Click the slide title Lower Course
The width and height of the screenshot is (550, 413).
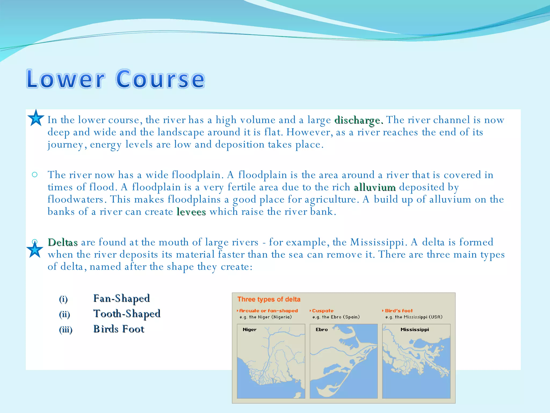tap(116, 79)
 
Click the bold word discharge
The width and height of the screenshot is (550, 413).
tap(359, 120)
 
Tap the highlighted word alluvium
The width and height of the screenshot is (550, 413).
tap(375, 187)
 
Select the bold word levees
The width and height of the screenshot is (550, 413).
tap(191, 212)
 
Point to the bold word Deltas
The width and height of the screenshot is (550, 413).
tap(63, 242)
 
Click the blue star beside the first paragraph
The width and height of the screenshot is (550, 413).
tap(36, 118)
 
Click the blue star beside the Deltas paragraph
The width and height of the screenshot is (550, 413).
tap(35, 250)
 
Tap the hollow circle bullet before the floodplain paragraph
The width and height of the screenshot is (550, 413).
tap(35, 175)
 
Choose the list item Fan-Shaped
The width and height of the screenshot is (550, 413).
tap(121, 298)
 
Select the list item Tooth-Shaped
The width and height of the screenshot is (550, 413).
tap(127, 314)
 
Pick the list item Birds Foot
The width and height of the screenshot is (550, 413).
tap(119, 329)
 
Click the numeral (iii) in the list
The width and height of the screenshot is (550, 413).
tap(66, 329)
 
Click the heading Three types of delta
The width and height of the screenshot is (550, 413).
tap(269, 299)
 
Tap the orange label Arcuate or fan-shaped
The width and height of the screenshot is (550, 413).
tap(269, 311)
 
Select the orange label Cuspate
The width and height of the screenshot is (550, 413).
tap(323, 311)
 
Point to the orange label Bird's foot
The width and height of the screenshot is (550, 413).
tap(399, 311)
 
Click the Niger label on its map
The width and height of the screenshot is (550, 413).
tap(249, 330)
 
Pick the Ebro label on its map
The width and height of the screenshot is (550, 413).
tap(322, 330)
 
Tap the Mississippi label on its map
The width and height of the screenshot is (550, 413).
tap(415, 330)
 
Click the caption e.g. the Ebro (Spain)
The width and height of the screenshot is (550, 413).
tap(336, 317)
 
